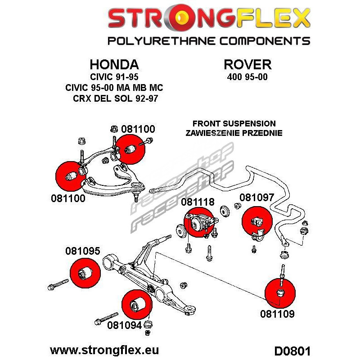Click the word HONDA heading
tap(114, 64)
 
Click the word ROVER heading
tap(247, 64)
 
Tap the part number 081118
tap(198, 202)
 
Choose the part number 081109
tap(277, 314)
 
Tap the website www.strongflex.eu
tap(104, 349)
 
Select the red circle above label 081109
tap(280, 293)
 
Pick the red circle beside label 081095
tap(85, 274)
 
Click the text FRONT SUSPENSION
tap(234, 124)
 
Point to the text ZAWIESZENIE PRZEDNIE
tap(234, 133)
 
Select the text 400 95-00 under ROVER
tap(247, 77)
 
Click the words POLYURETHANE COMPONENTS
tap(209, 41)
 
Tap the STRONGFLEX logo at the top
tap(209, 19)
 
